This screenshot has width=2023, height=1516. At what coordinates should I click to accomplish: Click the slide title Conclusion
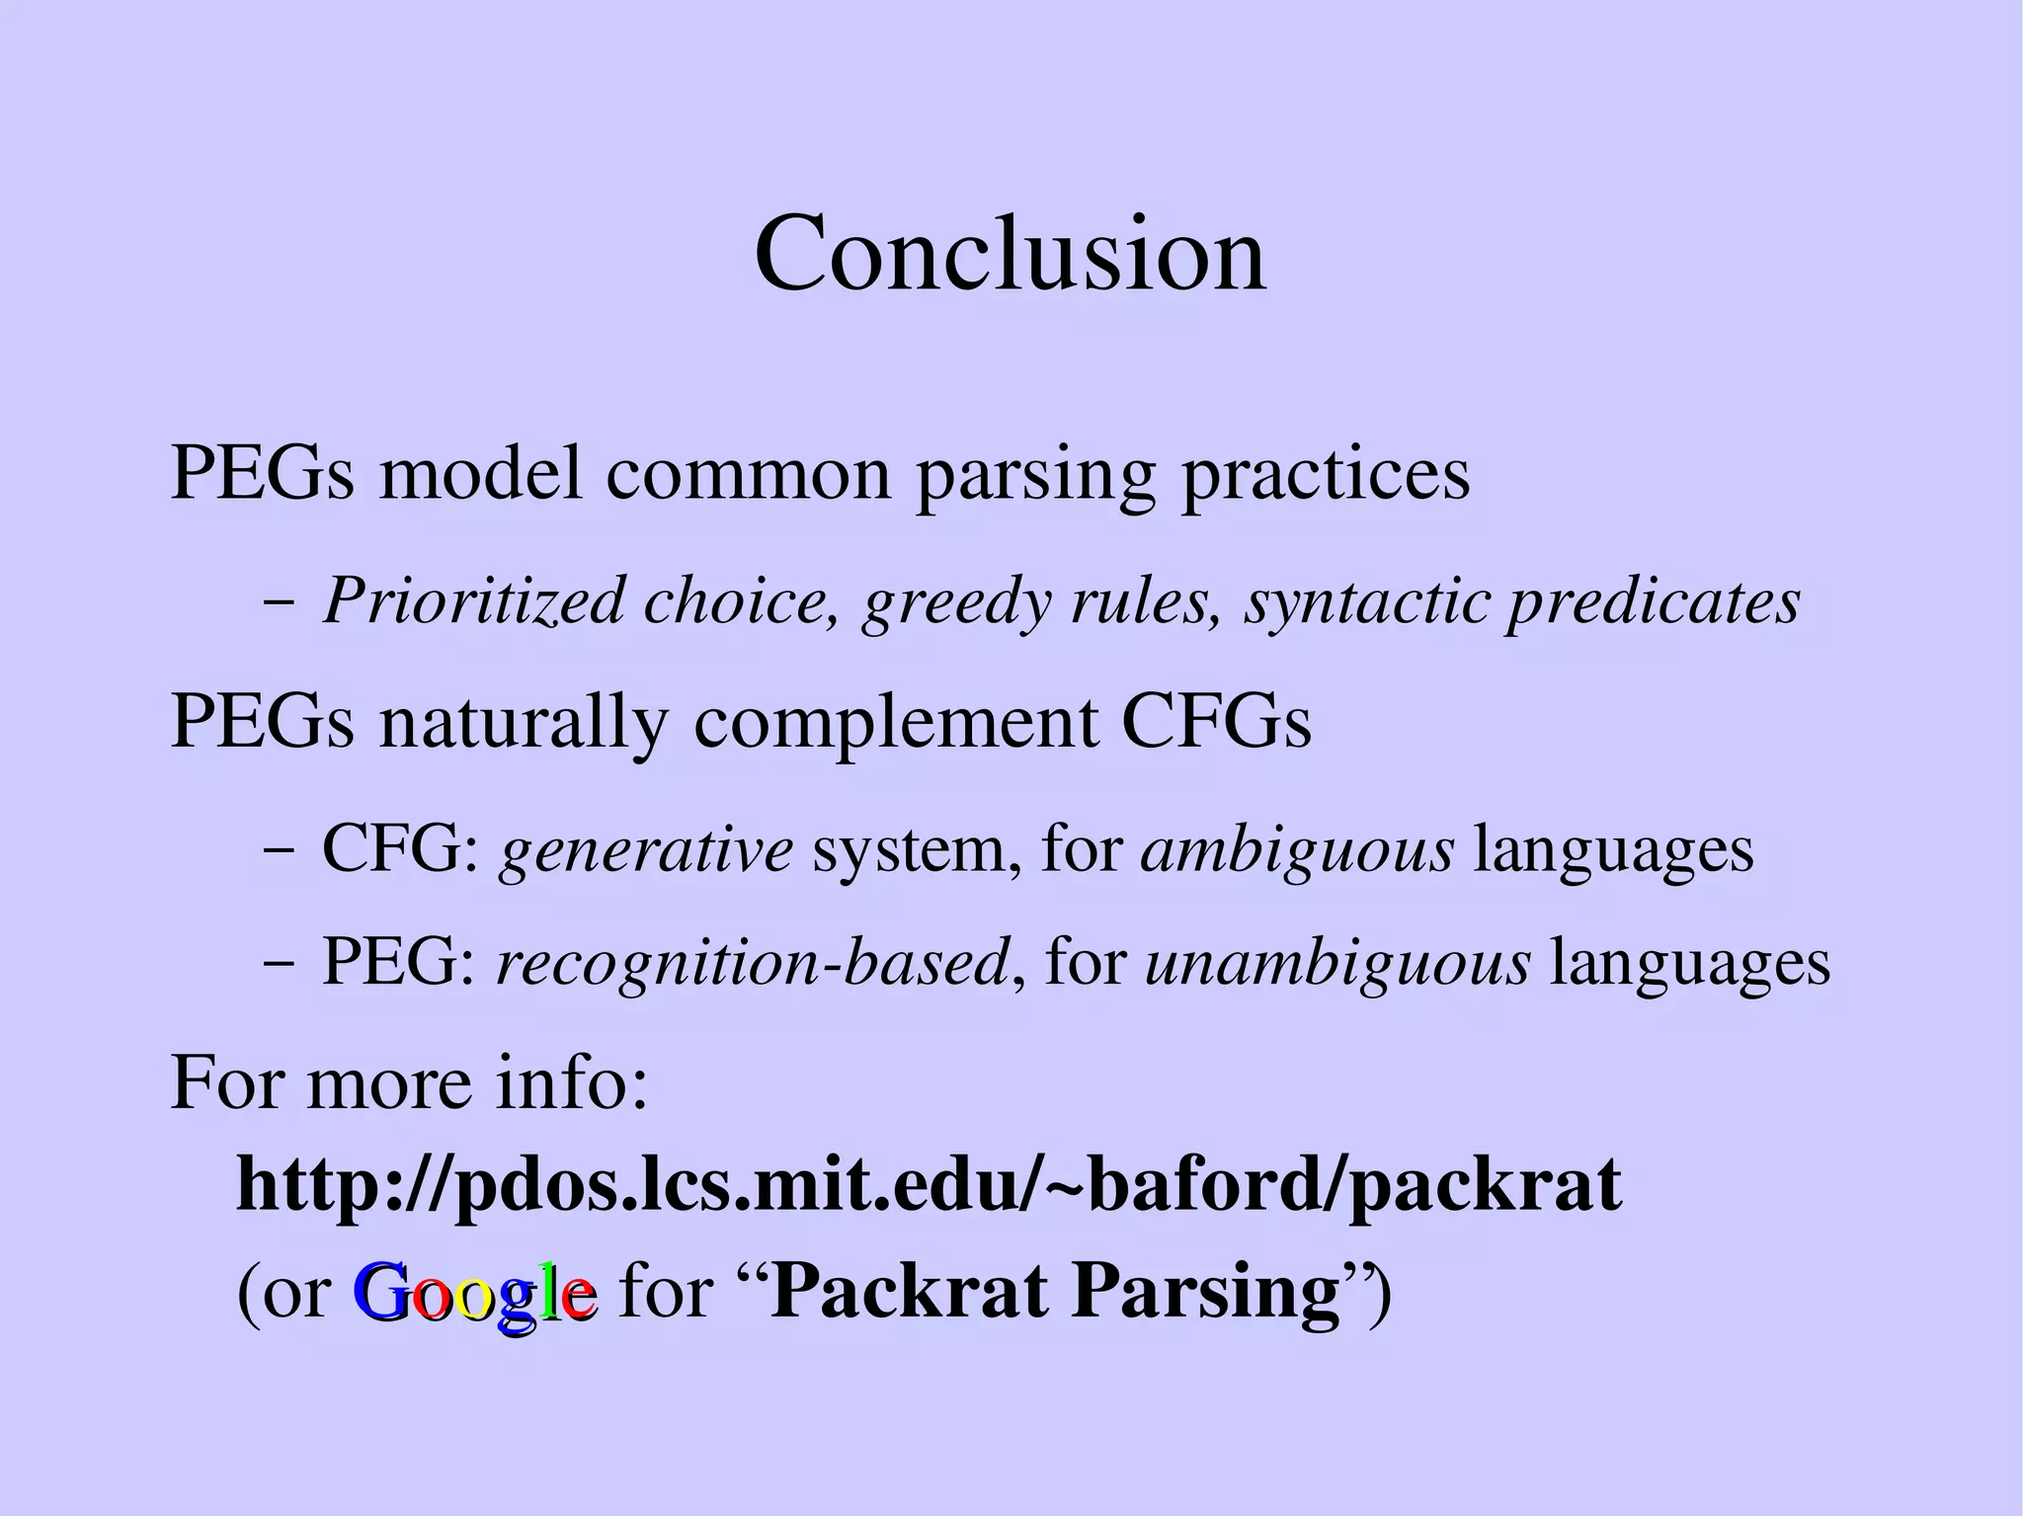pyautogui.click(x=1010, y=254)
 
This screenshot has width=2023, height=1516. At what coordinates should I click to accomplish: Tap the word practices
pyautogui.click(x=1326, y=474)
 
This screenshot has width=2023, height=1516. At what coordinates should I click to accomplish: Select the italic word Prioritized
pyautogui.click(x=474, y=599)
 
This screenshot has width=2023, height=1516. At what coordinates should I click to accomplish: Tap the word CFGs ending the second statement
pyautogui.click(x=1216, y=722)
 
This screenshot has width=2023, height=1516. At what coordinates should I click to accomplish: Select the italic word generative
pyautogui.click(x=646, y=849)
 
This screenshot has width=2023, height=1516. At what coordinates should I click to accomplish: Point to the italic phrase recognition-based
pyautogui.click(x=752, y=963)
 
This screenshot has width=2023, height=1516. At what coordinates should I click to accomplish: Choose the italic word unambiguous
pyautogui.click(x=1337, y=963)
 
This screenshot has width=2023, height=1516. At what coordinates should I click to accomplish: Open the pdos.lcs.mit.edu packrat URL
pyautogui.click(x=929, y=1186)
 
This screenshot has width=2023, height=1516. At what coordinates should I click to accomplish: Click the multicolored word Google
pyautogui.click(x=474, y=1294)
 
